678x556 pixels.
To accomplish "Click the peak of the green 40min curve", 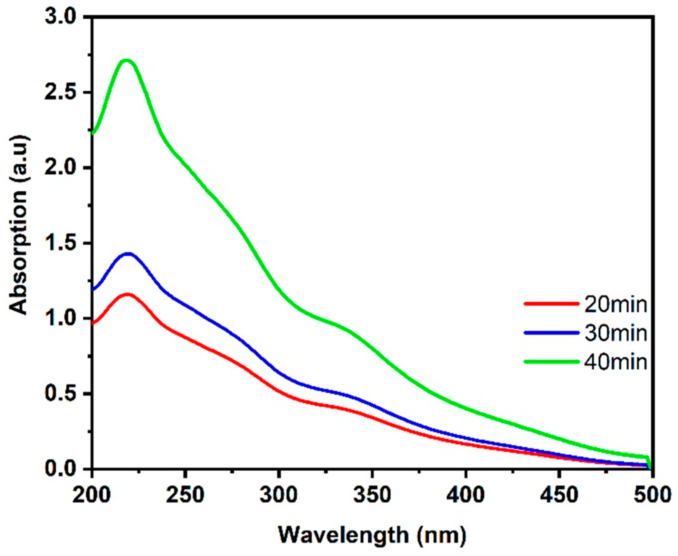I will tap(127, 61).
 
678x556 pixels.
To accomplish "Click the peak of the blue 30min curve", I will tap(128, 254).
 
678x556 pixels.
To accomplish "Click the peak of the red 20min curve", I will tap(127, 294).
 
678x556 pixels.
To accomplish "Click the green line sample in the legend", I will tap(551, 361).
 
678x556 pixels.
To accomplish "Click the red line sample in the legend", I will tap(551, 304).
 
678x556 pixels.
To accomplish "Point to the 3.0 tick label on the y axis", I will tap(60, 17).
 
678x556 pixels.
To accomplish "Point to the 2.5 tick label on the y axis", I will tap(60, 92).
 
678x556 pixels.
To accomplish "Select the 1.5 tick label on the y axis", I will tap(60, 243).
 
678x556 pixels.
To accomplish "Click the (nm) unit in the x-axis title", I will tap(441, 535).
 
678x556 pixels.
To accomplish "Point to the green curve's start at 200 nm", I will tap(93, 133).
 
